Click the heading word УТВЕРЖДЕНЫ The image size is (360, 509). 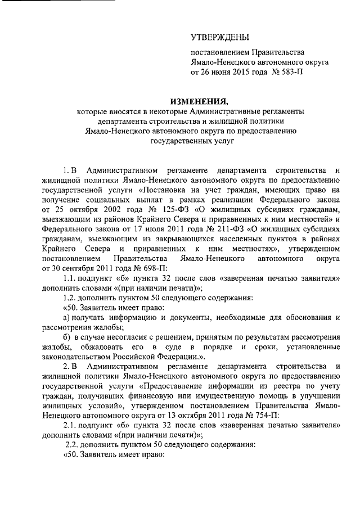click(220, 38)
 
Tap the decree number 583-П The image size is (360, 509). click(296, 73)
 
